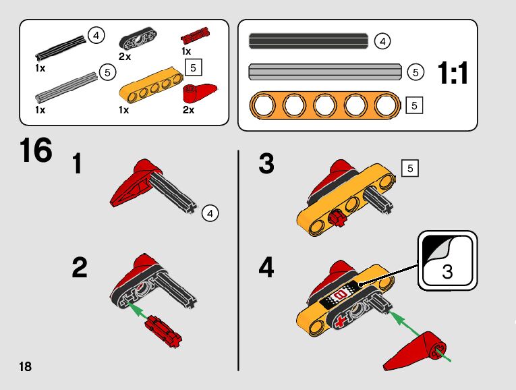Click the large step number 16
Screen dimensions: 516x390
click(36, 150)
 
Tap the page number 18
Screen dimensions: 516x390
click(26, 366)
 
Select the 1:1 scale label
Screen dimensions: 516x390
click(453, 73)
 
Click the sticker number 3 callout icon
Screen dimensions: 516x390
click(448, 260)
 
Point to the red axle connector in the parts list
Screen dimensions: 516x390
click(196, 36)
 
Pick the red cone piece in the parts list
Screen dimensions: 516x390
click(199, 94)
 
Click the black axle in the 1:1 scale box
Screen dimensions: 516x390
click(308, 41)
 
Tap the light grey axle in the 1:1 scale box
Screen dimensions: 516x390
click(325, 72)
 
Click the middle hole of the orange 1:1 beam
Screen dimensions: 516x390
click(325, 106)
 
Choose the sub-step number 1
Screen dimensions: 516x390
click(77, 163)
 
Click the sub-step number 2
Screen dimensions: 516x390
click(80, 268)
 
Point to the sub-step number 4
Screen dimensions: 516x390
click(266, 268)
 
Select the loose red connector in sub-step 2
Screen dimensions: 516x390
click(163, 331)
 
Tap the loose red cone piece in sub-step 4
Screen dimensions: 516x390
click(415, 351)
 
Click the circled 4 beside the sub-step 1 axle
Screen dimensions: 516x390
click(210, 213)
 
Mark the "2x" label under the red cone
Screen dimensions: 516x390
click(188, 110)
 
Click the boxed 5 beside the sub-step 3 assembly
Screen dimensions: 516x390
click(410, 168)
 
